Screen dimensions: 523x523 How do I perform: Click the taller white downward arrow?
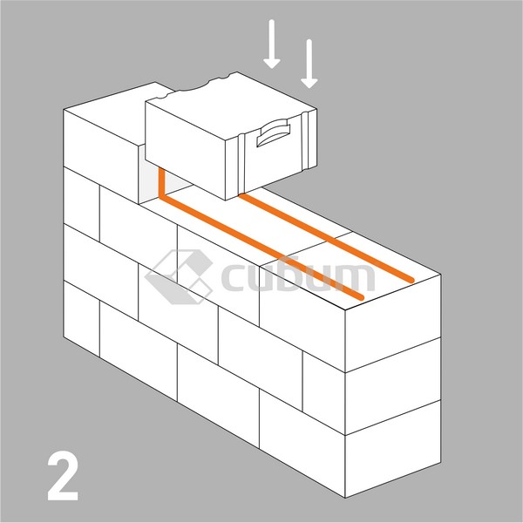272,44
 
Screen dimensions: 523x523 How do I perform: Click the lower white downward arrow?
309,64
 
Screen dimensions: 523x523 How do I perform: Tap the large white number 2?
63,476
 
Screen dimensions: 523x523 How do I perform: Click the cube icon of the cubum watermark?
179,277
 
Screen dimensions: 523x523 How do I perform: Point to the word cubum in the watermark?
298,277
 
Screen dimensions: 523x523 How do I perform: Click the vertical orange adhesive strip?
162,183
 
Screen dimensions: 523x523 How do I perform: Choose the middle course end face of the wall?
393,386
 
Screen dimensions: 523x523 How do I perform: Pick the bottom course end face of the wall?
393,449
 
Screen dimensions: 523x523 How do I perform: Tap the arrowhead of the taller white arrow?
272,64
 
